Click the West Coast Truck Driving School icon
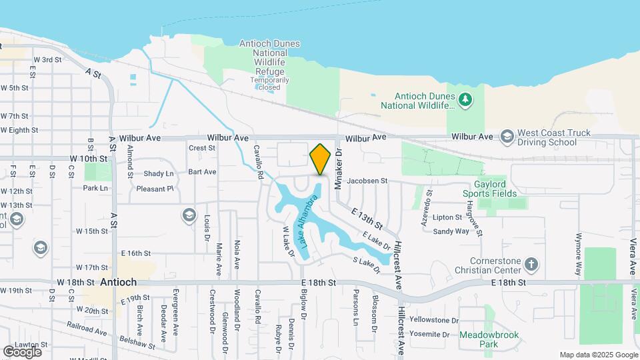(507, 137)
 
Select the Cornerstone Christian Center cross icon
(531, 264)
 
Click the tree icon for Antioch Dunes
(466, 101)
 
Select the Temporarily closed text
(269, 83)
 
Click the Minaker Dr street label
(338, 169)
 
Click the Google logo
(22, 351)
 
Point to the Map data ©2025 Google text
(598, 355)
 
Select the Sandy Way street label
(451, 231)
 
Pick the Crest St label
(202, 148)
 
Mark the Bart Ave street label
(202, 171)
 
